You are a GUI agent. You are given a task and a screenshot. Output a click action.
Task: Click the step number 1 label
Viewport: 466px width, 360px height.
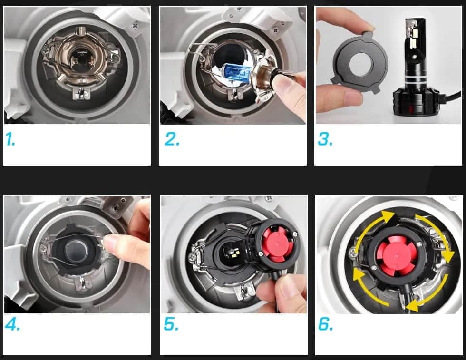point(10,139)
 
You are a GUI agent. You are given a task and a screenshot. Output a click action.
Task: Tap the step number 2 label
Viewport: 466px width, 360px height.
point(172,139)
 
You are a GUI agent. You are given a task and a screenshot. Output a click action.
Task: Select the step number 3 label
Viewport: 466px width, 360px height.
point(325,139)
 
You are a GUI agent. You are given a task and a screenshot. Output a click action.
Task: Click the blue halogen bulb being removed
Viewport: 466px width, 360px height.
point(237,73)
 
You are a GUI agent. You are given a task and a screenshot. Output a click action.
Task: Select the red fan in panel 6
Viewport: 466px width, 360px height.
point(398,254)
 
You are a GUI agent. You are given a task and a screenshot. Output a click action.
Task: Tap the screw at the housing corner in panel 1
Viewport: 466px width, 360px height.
point(136,25)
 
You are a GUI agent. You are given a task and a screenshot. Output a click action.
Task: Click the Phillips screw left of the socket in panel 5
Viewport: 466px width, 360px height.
point(192,256)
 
